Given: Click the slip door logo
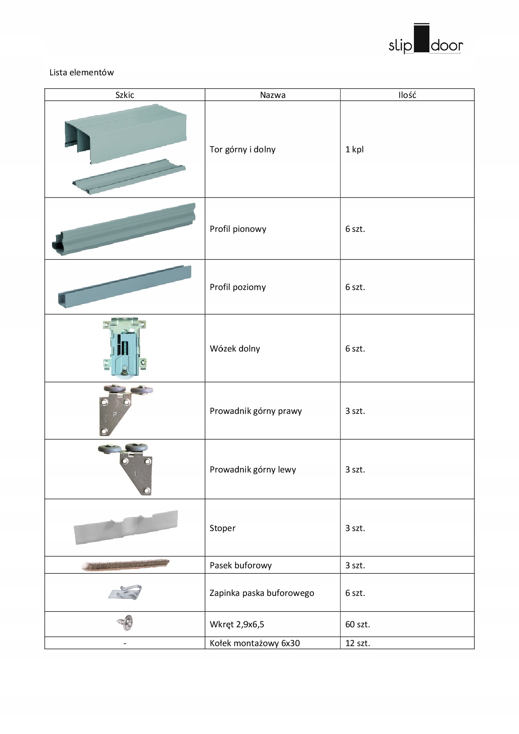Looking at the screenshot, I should (426, 40).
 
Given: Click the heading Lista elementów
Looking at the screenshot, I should (82, 72).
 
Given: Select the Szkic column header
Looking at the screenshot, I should (125, 95).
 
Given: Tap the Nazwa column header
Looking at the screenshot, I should (272, 95).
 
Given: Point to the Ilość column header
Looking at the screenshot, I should (407, 95).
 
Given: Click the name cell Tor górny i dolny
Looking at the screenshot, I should (242, 149).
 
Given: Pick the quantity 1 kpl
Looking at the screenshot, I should (355, 149).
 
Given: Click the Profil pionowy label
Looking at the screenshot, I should (238, 229).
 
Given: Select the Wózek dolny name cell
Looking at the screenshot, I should (235, 349).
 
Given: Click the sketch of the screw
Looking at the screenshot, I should (125, 624).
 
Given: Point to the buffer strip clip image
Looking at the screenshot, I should (125, 592).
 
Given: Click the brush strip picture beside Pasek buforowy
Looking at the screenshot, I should (125, 565).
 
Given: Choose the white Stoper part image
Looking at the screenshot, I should (126, 527).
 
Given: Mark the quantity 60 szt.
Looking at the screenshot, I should (357, 624).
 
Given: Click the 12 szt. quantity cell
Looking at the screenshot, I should (357, 643).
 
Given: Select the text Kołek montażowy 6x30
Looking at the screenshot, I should (254, 643).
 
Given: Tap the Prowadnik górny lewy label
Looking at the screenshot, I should (253, 470).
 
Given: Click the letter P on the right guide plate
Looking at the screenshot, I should (115, 416).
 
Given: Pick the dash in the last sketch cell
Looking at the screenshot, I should (125, 643).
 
